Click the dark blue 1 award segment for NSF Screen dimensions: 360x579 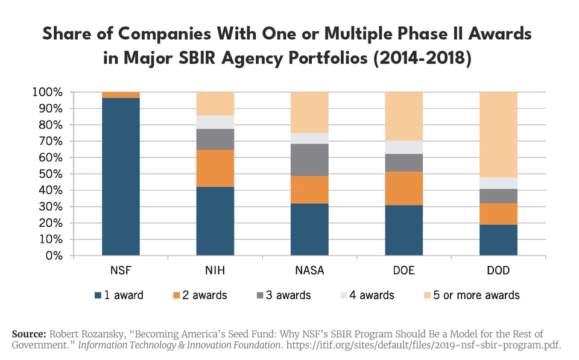pyautogui.click(x=121, y=176)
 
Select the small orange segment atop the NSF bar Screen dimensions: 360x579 pyautogui.click(x=121, y=95)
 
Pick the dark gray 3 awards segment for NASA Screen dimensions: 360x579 pyautogui.click(x=309, y=160)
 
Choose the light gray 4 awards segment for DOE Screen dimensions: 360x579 pyautogui.click(x=404, y=147)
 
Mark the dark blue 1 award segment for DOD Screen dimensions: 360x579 pyautogui.click(x=498, y=240)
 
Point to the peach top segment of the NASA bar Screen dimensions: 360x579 pyautogui.click(x=309, y=112)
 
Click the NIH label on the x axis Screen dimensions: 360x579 pyautogui.click(x=215, y=270)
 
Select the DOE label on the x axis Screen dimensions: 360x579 pyautogui.click(x=404, y=270)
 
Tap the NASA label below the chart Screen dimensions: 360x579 pyautogui.click(x=309, y=270)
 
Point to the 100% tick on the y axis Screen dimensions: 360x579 pyautogui.click(x=47, y=92)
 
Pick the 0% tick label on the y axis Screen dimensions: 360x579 pyautogui.click(x=52, y=255)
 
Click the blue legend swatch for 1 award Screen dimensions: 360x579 pyautogui.click(x=98, y=295)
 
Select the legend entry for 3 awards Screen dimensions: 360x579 pyautogui.click(x=283, y=295)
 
